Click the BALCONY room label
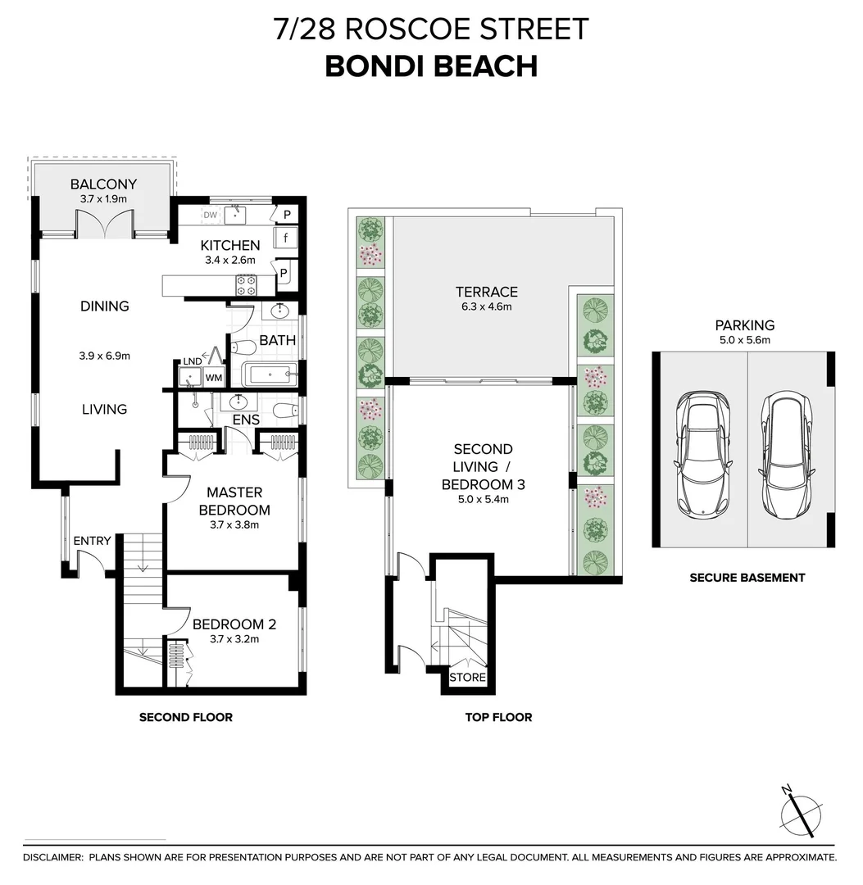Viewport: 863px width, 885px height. (103, 184)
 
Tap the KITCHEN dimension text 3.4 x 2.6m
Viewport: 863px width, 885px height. (230, 261)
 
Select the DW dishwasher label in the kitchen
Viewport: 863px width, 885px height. (210, 216)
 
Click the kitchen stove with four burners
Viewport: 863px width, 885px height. (246, 284)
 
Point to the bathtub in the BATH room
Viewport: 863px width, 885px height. (270, 375)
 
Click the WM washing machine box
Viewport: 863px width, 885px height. (213, 378)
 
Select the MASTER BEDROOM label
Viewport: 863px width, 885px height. (234, 501)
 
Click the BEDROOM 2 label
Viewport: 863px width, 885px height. (234, 624)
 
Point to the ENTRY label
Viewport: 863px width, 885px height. (92, 541)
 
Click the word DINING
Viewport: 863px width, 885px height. (105, 306)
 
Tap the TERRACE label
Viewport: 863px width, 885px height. (487, 292)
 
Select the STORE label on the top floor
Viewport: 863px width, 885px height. (468, 678)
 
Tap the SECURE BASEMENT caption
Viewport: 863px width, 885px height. (747, 578)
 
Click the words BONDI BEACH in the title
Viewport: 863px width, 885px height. (431, 66)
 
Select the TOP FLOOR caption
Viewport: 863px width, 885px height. (498, 717)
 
